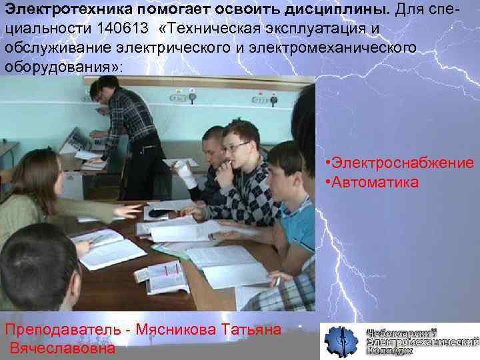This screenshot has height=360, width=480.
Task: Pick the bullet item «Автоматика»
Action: [373, 181]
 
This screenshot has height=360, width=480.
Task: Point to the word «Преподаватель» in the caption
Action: [66, 329]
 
